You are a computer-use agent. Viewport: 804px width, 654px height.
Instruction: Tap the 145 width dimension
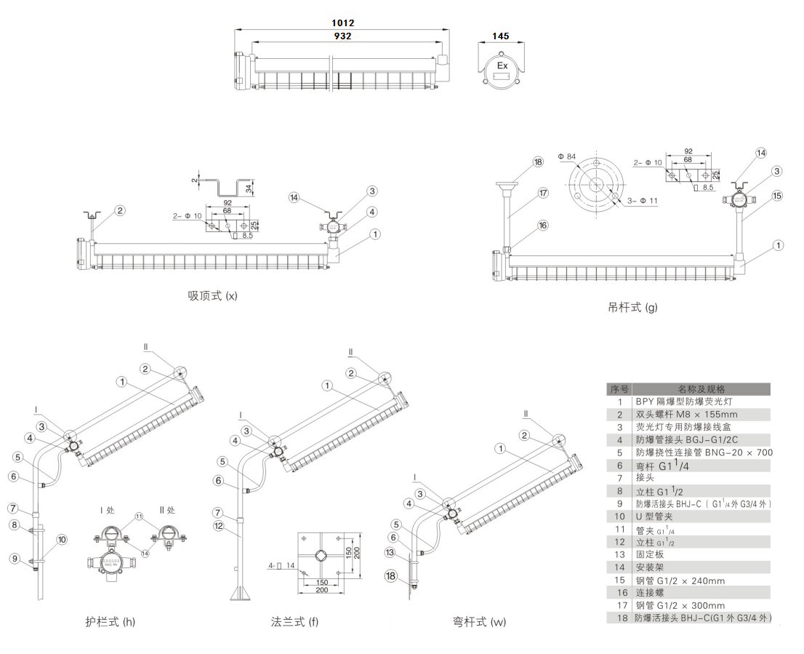(x=500, y=36)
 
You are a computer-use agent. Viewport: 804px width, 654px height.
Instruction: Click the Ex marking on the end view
(x=502, y=65)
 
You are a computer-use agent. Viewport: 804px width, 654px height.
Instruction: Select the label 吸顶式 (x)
(x=212, y=295)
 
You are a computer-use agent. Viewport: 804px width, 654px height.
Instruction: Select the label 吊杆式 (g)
(x=632, y=307)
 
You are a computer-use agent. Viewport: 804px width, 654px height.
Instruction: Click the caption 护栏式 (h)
(x=110, y=621)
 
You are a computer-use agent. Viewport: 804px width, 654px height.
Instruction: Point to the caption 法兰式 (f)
(x=294, y=621)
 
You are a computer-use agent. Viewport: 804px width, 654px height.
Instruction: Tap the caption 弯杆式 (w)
(x=479, y=621)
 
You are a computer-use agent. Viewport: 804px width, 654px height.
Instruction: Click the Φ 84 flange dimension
(x=566, y=156)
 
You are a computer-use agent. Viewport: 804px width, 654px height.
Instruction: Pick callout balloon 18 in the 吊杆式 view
(x=538, y=162)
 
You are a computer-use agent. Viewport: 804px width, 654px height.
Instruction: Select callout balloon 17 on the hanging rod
(x=543, y=194)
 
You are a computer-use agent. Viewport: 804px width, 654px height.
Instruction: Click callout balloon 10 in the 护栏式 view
(x=62, y=539)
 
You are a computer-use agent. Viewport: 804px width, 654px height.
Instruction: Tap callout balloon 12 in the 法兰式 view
(x=218, y=525)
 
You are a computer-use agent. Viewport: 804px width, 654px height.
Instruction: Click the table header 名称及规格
(x=701, y=389)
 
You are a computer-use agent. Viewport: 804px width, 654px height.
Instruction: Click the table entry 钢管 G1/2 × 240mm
(x=680, y=581)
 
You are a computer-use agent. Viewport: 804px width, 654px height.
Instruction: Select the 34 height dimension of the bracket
(x=249, y=189)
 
